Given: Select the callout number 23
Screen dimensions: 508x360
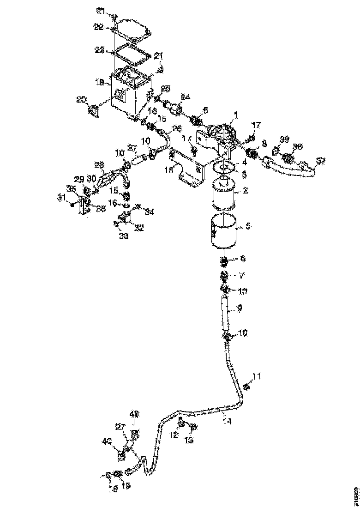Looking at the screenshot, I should [99, 51].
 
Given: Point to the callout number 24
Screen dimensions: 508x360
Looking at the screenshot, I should [186, 97].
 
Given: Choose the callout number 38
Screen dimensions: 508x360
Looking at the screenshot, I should [298, 147].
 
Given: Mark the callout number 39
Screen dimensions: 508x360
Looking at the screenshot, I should [285, 139].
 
